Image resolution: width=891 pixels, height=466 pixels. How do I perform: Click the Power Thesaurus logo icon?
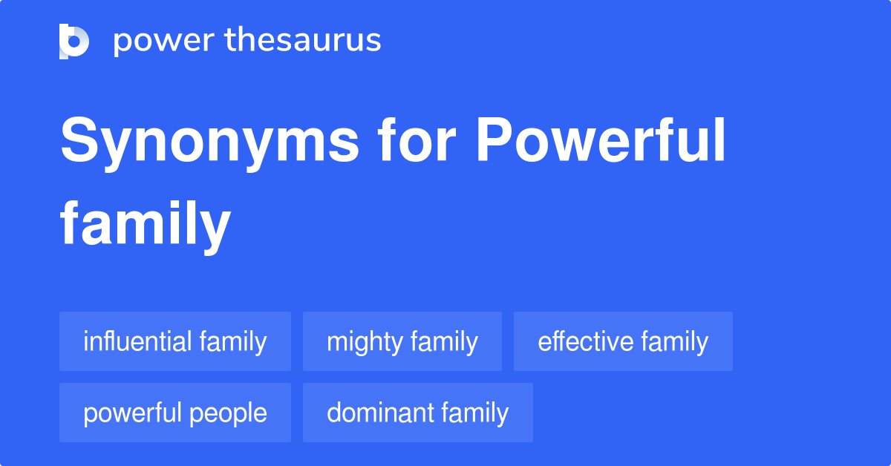pyautogui.click(x=74, y=41)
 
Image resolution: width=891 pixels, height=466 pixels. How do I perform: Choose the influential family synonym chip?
pyautogui.click(x=175, y=341)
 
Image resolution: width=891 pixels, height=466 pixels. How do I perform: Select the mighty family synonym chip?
pyautogui.click(x=402, y=341)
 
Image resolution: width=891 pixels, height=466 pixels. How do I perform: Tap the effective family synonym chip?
pyautogui.click(x=623, y=341)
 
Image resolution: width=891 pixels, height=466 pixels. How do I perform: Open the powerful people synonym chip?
pyautogui.click(x=175, y=413)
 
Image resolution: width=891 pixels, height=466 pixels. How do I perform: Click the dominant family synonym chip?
pyautogui.click(x=418, y=413)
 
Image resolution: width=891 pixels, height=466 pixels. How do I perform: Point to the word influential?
pyautogui.click(x=137, y=341)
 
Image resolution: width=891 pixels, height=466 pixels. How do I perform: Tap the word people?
pyautogui.click(x=231, y=414)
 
